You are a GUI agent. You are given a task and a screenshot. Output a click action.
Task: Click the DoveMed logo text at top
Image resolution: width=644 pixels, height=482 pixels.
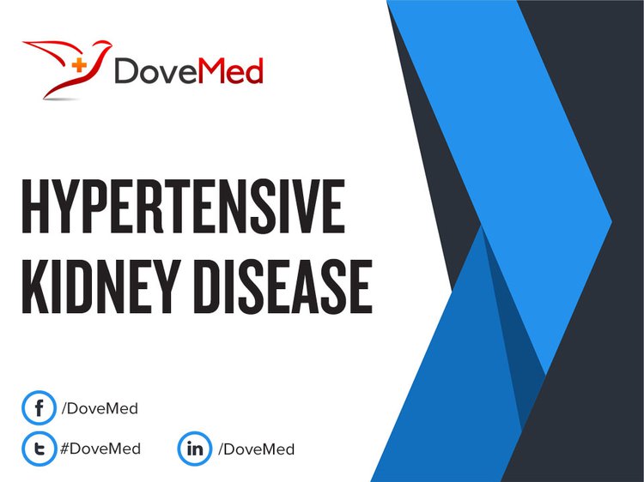[x=189, y=70]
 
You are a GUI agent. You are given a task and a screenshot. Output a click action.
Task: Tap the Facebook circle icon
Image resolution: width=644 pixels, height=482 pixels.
[x=38, y=408]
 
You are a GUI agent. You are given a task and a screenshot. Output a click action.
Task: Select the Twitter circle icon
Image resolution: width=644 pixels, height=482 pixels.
[x=38, y=448]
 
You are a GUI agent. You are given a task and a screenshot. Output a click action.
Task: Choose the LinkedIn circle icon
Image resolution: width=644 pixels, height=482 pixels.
[x=194, y=448]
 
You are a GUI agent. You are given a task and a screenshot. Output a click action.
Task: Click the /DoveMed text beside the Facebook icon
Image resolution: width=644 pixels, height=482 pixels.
[x=99, y=409]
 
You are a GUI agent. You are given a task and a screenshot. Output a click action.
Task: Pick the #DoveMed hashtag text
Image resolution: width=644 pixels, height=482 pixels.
[x=100, y=449]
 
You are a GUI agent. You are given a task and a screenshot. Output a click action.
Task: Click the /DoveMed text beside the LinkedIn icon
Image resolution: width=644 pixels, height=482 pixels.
[x=256, y=449]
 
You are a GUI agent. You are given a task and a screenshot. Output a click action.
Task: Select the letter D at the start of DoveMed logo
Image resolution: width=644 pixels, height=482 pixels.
[x=127, y=71]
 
